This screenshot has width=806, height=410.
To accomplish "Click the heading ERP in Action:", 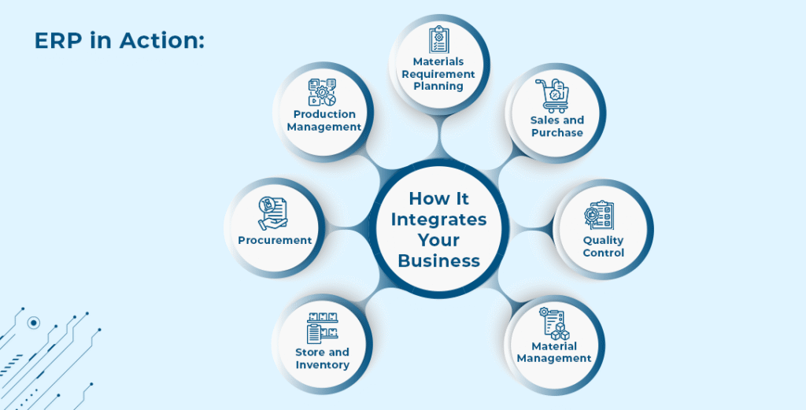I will [x=119, y=41].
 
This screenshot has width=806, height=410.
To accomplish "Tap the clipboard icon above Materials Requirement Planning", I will [x=438, y=39].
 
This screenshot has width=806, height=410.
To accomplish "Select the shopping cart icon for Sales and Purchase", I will [x=552, y=96].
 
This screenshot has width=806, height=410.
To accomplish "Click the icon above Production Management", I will [x=322, y=92].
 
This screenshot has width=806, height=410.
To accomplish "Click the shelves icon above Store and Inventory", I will [x=322, y=329].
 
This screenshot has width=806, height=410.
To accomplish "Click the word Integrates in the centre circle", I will [x=438, y=219].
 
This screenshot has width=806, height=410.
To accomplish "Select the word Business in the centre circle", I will [x=438, y=260].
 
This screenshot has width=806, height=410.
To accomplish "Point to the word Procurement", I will [x=275, y=241].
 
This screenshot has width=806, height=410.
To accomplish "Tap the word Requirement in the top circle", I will [x=438, y=74].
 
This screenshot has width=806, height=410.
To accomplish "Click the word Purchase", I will [x=556, y=133].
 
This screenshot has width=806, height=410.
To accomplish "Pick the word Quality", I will [x=603, y=240].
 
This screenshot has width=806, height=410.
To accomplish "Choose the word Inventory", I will [x=322, y=365].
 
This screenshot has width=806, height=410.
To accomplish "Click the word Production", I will [x=324, y=114].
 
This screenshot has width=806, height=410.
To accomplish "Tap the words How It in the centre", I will [x=438, y=198].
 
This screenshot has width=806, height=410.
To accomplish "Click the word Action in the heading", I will [x=160, y=41].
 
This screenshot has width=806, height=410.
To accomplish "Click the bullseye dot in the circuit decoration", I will [x=33, y=323].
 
